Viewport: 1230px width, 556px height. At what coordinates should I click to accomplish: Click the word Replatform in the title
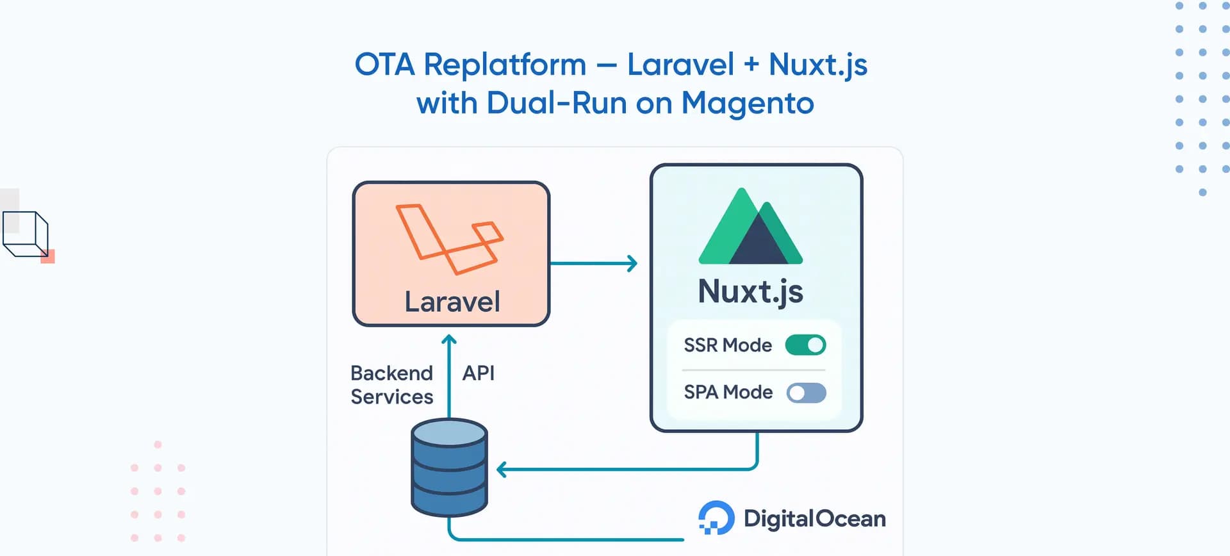coord(505,65)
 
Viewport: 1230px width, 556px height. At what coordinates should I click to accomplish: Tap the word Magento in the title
coord(747,104)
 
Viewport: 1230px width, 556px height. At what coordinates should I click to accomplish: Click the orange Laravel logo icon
coord(449,238)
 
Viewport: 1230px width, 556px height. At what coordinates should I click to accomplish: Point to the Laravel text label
coord(452,302)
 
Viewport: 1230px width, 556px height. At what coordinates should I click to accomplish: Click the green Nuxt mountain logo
coord(751,228)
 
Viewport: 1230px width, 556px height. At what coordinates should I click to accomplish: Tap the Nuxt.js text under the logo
coord(750,292)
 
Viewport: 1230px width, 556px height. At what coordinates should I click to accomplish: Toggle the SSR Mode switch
coord(805,345)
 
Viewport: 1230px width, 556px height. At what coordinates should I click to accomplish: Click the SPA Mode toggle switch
coord(806,393)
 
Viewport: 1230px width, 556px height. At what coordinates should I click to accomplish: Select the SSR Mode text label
coord(728,345)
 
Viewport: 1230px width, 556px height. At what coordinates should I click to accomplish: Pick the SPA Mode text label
coord(728,392)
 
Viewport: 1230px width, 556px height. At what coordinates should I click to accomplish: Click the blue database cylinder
coord(449,467)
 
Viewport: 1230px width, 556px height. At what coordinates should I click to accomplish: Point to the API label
coord(479,373)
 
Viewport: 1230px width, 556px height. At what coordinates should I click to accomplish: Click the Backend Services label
coord(392,385)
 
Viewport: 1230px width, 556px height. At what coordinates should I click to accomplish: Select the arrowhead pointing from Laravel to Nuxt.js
coord(632,263)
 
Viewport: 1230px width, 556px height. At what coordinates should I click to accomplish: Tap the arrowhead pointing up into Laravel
coord(449,340)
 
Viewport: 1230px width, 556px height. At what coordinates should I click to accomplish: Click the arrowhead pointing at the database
coord(502,470)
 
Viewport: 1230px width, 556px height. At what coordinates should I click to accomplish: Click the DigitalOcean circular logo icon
coord(716,518)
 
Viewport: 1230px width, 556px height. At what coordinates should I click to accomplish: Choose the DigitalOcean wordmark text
coord(814,518)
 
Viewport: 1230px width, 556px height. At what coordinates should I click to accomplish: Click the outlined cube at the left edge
coord(26,234)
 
